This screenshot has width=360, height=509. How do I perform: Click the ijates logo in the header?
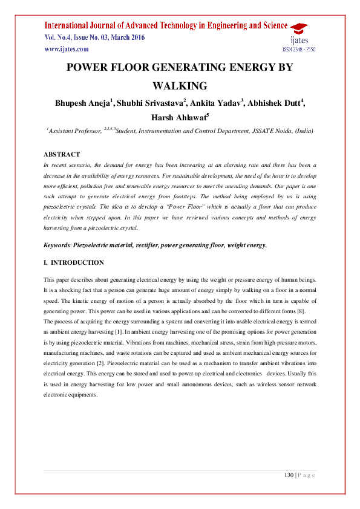pyautogui.click(x=298, y=34)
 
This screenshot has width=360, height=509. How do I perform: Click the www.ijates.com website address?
pyautogui.click(x=67, y=49)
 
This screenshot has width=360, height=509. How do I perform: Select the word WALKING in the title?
pyautogui.click(x=179, y=86)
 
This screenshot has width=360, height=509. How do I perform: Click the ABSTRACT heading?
pyautogui.click(x=61, y=155)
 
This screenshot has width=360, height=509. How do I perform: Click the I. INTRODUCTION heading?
pyautogui.click(x=73, y=263)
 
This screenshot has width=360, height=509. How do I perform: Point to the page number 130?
pyautogui.click(x=289, y=475)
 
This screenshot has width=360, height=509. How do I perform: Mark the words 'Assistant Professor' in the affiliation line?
pyautogui.click(x=73, y=131)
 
